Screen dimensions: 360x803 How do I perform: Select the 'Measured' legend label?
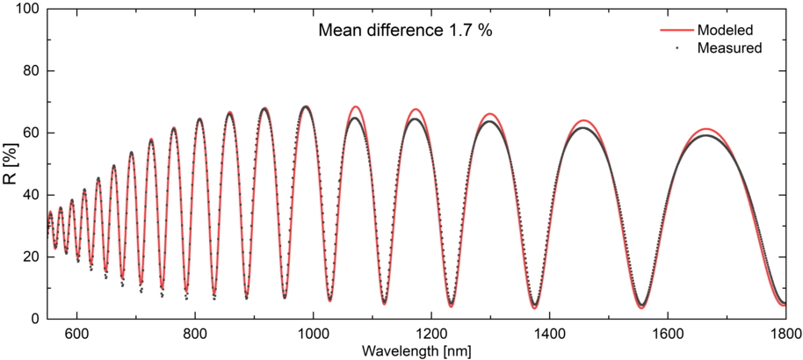(728, 47)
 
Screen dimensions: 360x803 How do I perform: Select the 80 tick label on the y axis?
(32, 71)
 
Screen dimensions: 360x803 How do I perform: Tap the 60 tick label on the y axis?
(32, 133)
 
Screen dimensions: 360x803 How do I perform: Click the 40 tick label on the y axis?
(32, 195)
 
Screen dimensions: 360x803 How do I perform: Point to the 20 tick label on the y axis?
(32, 257)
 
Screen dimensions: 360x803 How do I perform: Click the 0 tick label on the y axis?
(35, 319)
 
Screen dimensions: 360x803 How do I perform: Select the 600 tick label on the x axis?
(76, 335)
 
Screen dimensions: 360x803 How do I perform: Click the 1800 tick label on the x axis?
(785, 335)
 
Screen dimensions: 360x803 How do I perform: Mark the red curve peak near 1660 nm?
(705, 128)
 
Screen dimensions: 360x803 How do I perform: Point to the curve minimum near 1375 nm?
(534, 307)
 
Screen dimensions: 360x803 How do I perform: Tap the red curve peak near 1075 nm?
(356, 106)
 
